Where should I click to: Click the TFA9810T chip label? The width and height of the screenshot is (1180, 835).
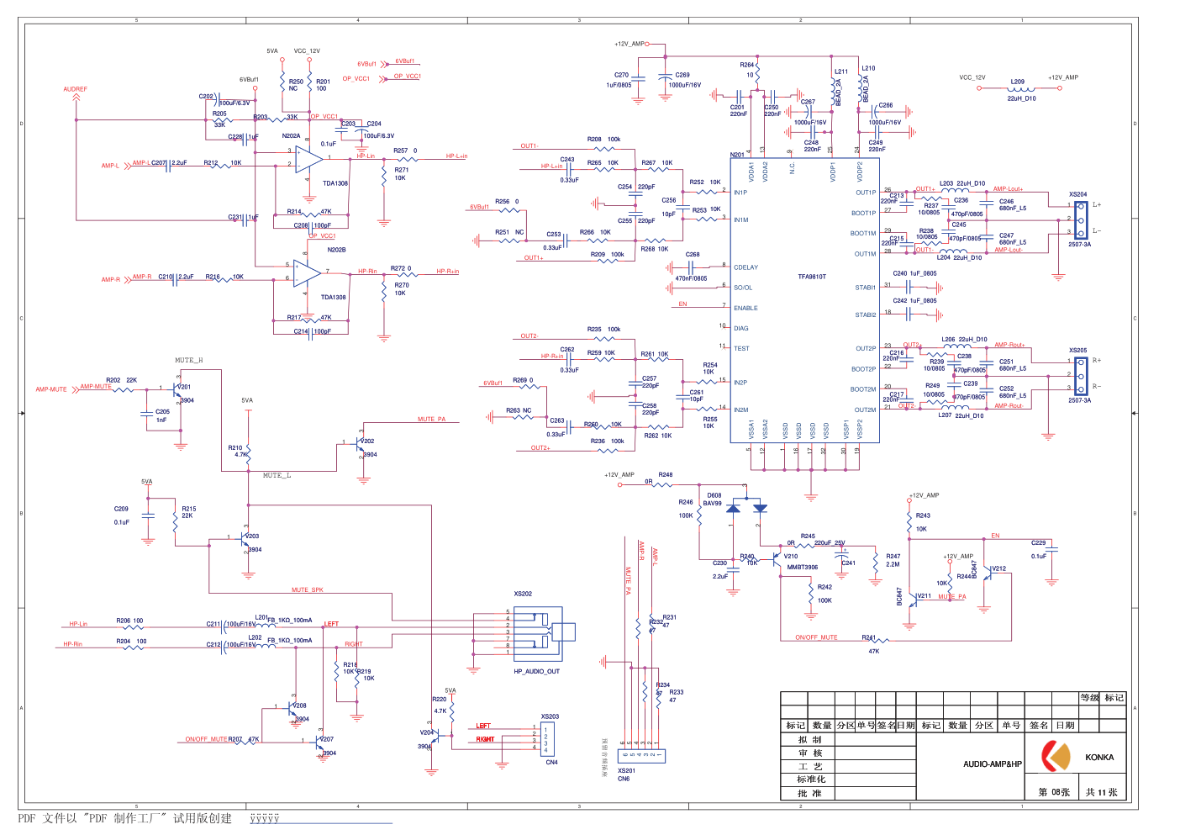(x=812, y=277)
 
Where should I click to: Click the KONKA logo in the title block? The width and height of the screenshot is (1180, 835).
(x=1056, y=756)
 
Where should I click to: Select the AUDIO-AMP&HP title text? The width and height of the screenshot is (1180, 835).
(x=993, y=764)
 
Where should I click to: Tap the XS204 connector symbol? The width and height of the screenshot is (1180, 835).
(x=1081, y=219)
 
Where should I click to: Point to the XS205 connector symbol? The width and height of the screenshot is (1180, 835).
(x=1081, y=375)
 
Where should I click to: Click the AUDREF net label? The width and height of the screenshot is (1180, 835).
(x=76, y=89)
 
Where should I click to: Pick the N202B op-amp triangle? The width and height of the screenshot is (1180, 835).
(x=307, y=272)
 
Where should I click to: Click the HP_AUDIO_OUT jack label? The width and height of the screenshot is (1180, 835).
(x=536, y=672)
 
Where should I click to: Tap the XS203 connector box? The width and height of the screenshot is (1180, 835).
(x=547, y=738)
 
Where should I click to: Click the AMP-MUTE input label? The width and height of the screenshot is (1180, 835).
(x=51, y=389)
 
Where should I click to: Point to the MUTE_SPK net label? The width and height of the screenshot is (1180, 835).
(x=307, y=590)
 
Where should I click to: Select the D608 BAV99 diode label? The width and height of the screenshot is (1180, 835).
(x=714, y=499)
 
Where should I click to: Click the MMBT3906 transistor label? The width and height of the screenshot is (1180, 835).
(x=802, y=568)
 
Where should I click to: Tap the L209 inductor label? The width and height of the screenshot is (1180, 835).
(x=1018, y=82)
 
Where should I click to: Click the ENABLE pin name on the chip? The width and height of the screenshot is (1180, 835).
(x=745, y=309)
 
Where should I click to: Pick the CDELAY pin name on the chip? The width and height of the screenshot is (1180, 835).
(x=745, y=267)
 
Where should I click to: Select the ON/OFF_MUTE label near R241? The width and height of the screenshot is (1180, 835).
(x=816, y=637)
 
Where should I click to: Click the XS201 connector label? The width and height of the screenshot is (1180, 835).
(x=626, y=770)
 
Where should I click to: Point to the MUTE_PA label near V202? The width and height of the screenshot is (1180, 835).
(x=431, y=420)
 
